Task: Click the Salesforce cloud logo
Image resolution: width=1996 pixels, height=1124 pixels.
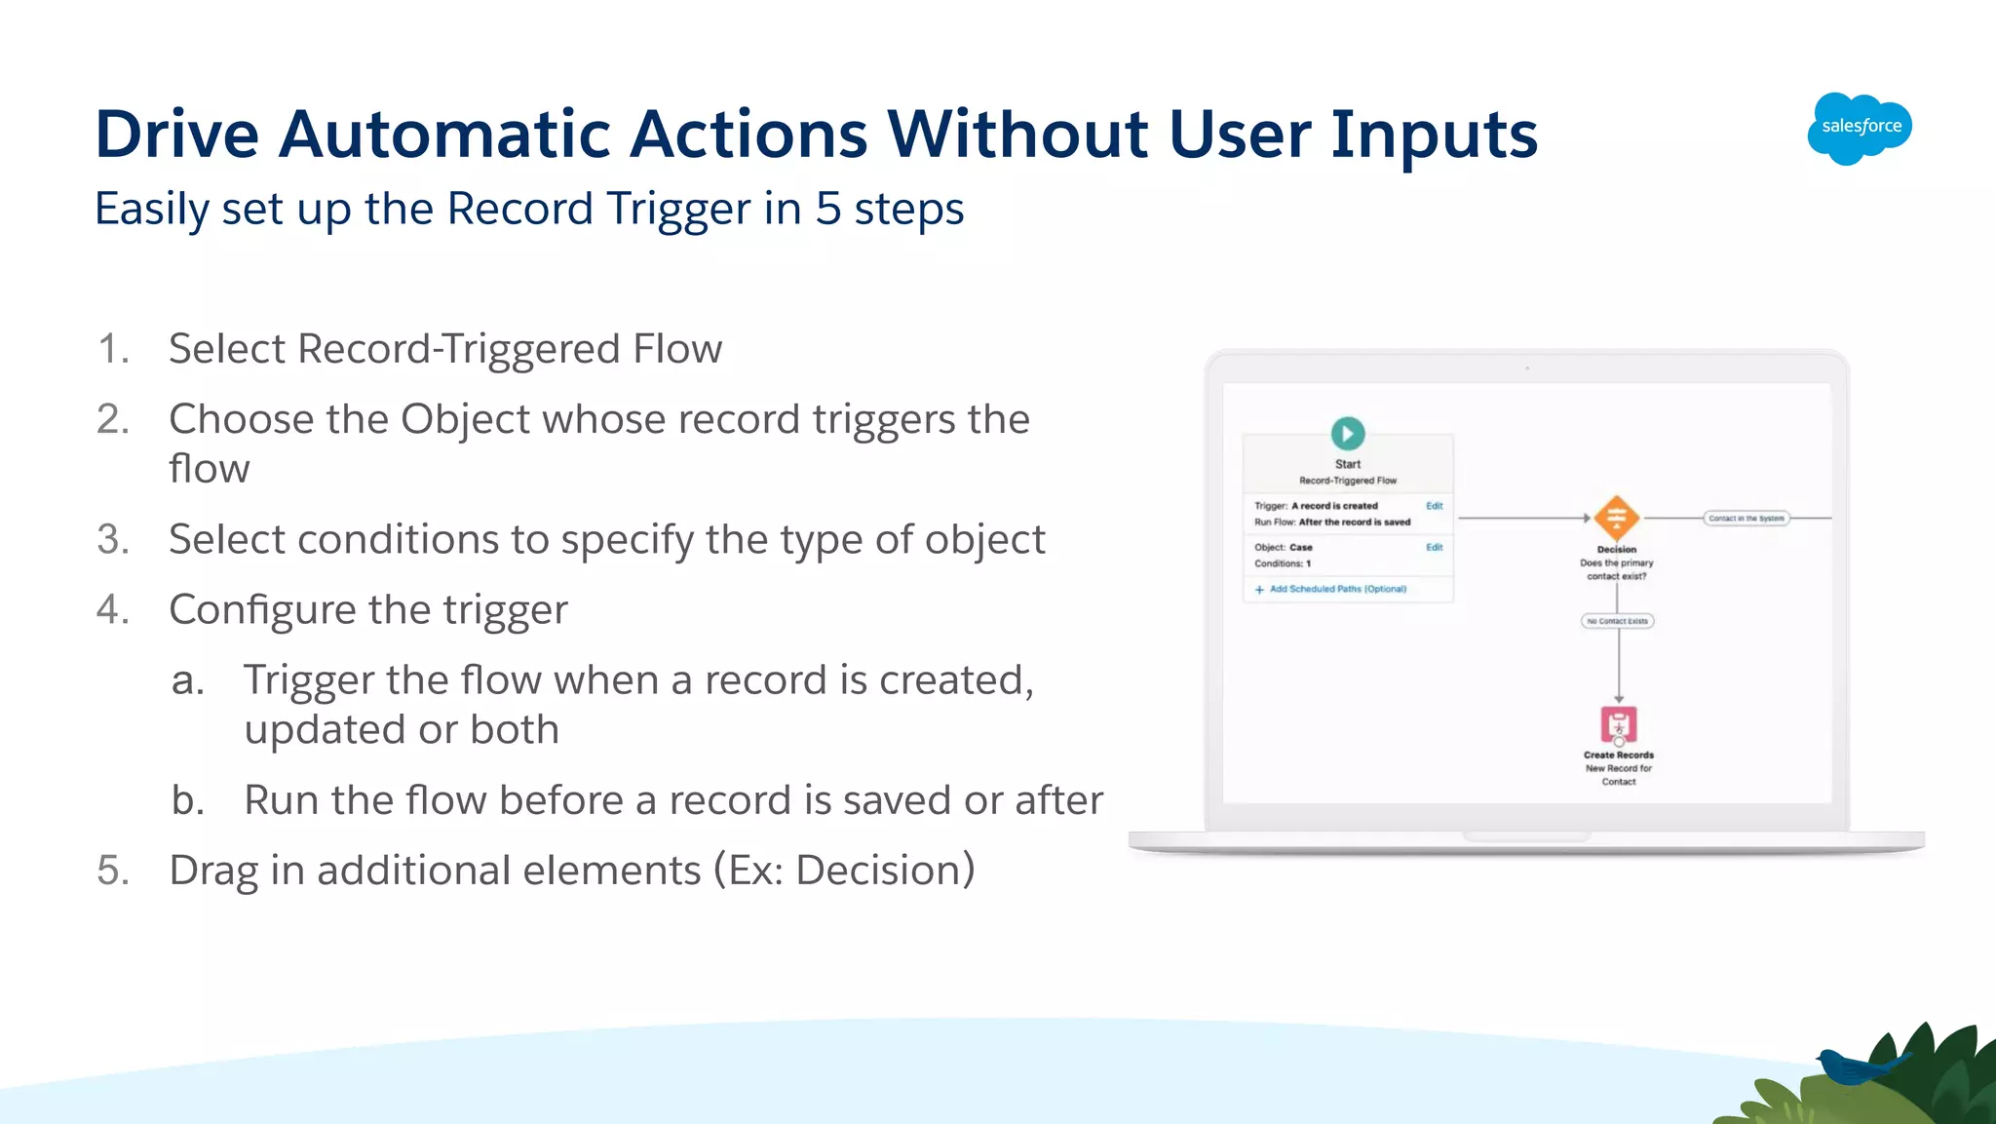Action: (1860, 128)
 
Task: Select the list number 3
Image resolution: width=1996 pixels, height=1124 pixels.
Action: (113, 539)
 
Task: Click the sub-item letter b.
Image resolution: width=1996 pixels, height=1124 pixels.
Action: (187, 800)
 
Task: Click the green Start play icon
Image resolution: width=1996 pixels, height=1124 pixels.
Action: (1347, 433)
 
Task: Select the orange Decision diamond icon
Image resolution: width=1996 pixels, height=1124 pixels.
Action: (1616, 518)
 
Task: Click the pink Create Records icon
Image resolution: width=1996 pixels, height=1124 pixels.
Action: (1618, 725)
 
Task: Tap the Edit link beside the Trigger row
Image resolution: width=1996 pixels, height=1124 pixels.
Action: (1434, 506)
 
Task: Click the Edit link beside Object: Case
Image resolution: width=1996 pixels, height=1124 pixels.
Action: (1434, 548)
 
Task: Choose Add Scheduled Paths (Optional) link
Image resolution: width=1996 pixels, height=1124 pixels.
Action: (1336, 589)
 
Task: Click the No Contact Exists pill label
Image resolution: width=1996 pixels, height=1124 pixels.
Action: (1617, 621)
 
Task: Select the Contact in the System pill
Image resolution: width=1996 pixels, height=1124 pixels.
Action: (1746, 519)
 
